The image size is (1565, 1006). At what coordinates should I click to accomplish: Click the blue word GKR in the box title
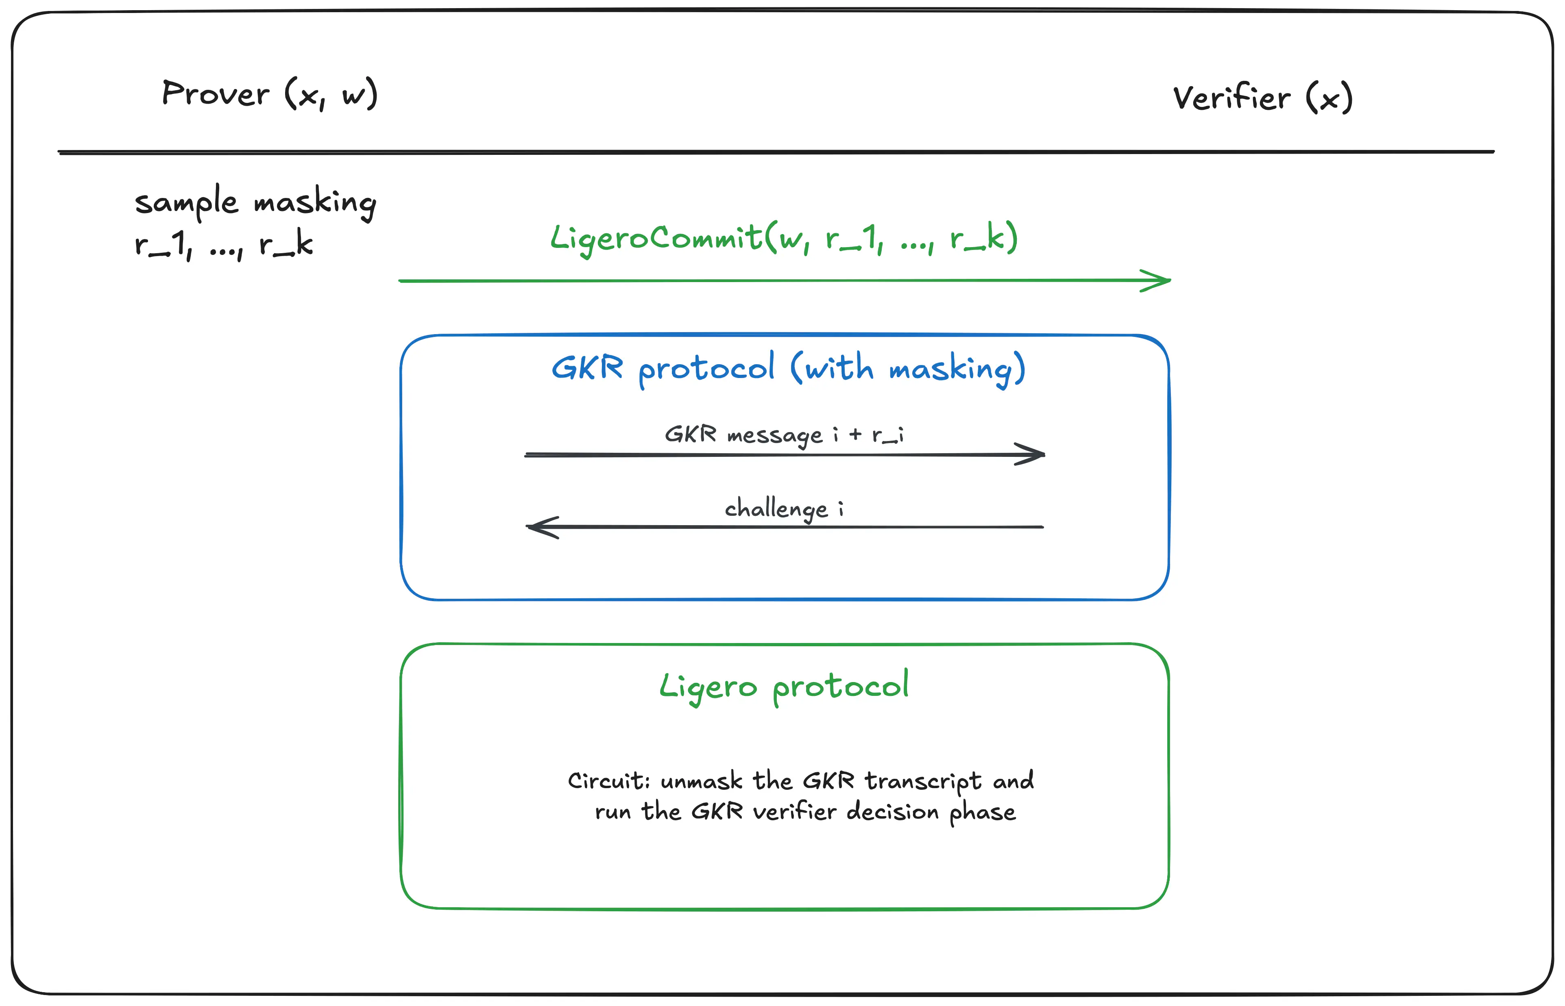coord(587,368)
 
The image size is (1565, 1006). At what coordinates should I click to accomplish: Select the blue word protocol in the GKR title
coord(706,369)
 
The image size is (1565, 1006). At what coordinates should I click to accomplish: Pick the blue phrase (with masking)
coord(908,369)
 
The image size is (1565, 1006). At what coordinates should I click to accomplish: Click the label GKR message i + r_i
coord(784,435)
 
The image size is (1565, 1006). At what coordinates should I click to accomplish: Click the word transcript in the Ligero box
coord(923,781)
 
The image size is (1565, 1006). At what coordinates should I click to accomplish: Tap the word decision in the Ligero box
coord(893,812)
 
